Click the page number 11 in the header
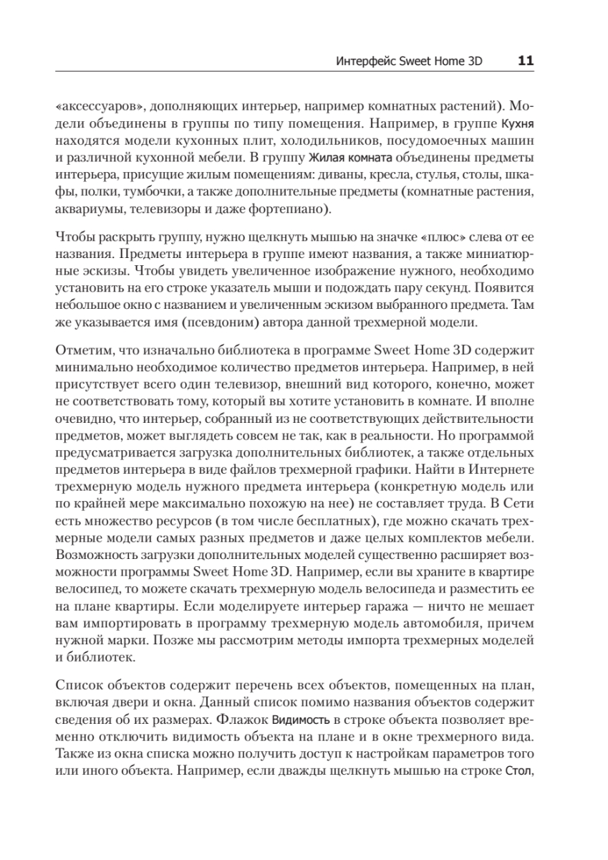point(525,62)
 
